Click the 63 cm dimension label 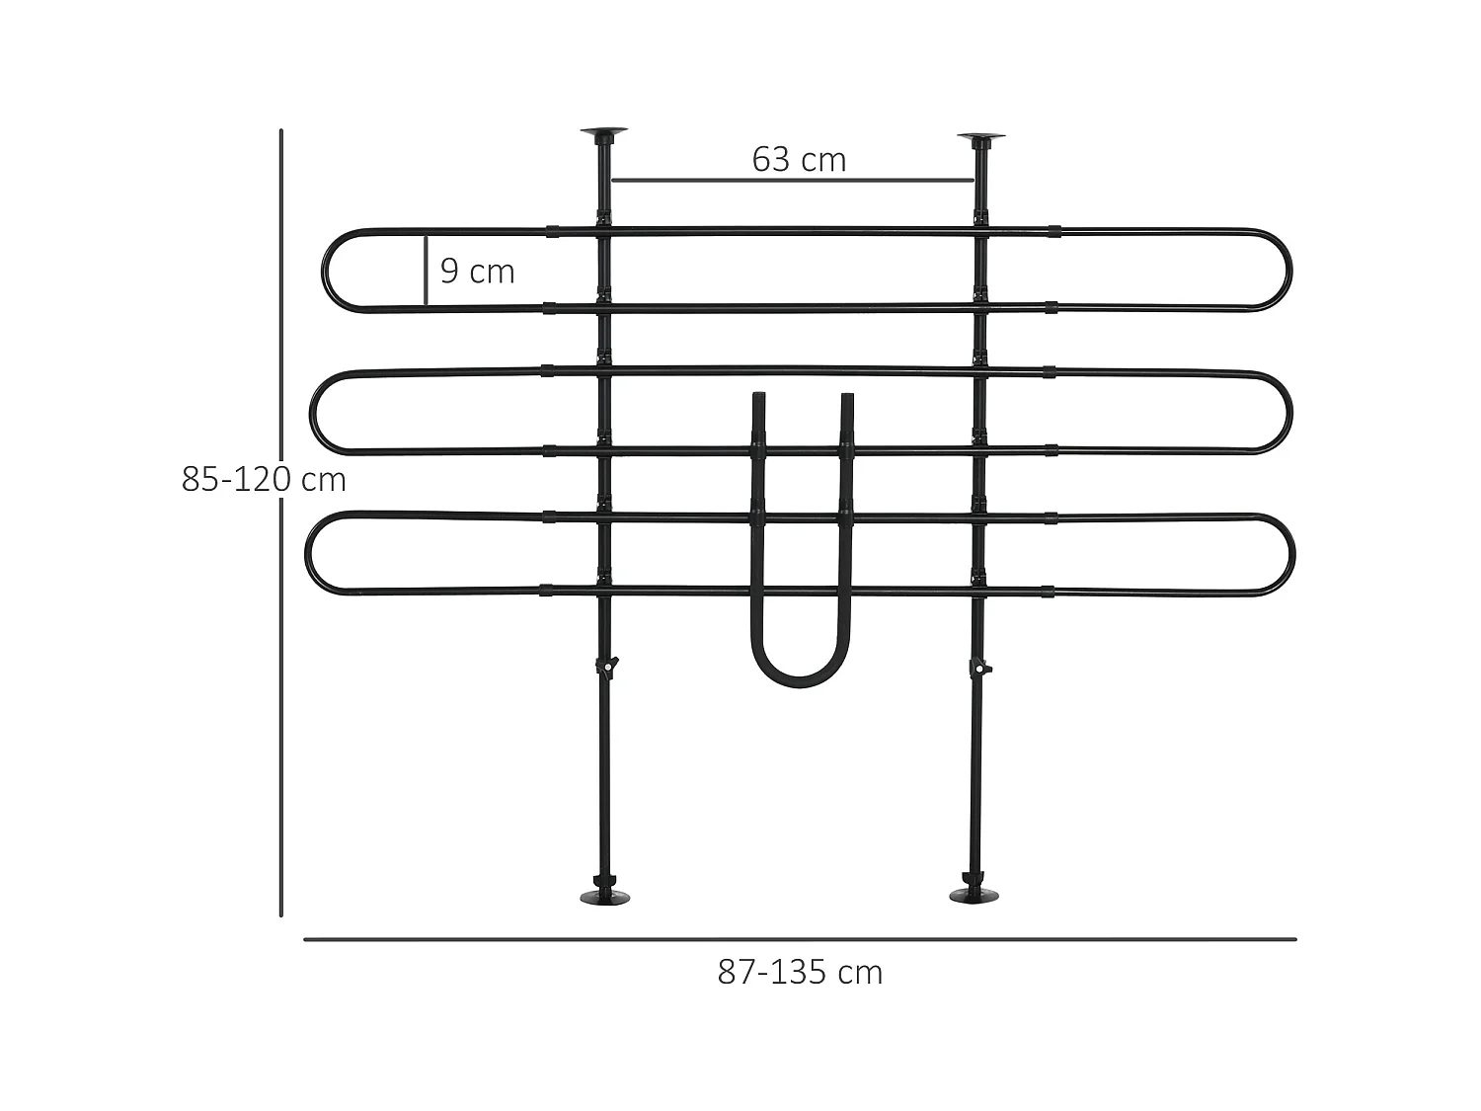click(x=799, y=159)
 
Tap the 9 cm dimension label click(x=477, y=271)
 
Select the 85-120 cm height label click(x=264, y=479)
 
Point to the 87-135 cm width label click(x=800, y=973)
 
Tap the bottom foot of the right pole click(x=974, y=894)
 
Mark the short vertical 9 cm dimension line click(x=426, y=271)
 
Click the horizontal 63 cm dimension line click(x=792, y=181)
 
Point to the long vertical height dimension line click(x=281, y=593)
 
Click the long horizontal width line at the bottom click(x=800, y=939)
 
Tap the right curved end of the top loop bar click(x=1287, y=271)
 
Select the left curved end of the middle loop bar click(x=315, y=412)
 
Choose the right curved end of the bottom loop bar click(x=1289, y=555)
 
